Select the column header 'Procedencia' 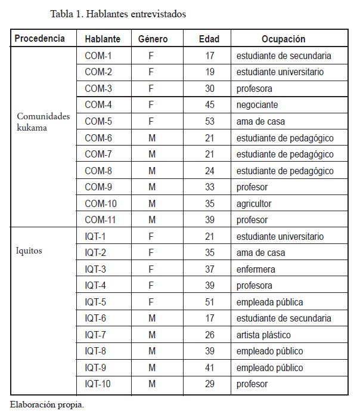tap(40, 39)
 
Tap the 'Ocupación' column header tap(283, 39)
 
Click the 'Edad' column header tap(209, 39)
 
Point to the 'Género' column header tap(153, 39)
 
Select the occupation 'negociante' tap(257, 105)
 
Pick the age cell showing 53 tap(209, 122)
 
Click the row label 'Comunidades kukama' tap(42, 122)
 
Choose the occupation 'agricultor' tap(255, 204)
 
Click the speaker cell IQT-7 tap(97, 335)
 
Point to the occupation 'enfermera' tap(256, 269)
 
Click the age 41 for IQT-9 tap(209, 367)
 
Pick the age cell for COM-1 tap(209, 56)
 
